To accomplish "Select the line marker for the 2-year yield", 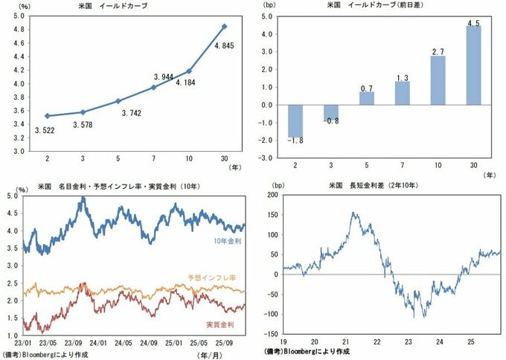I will (48, 115).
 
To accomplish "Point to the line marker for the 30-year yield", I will (225, 27).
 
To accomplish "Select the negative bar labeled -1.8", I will (295, 121).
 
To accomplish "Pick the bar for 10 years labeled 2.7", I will (438, 80).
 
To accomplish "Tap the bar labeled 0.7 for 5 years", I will (367, 98).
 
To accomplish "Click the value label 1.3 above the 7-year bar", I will (402, 77).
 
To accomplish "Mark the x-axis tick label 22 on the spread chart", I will (377, 343).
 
